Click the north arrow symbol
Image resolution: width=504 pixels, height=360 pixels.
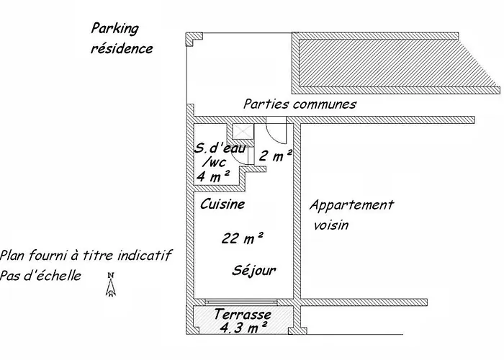[111, 284]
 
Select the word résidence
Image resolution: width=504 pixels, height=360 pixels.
[122, 48]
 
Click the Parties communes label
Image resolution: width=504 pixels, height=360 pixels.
[300, 104]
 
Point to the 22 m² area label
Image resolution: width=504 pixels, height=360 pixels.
[243, 238]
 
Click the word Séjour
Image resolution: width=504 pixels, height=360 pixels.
[254, 271]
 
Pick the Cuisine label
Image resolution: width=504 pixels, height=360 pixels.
[222, 204]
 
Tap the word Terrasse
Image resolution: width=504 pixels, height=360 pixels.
[243, 315]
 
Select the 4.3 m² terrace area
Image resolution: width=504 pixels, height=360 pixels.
[243, 328]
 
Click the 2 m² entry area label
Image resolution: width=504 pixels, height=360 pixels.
[276, 156]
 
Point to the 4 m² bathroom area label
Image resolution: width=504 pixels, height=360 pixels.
[213, 176]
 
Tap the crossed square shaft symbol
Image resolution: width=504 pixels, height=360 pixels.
[243, 132]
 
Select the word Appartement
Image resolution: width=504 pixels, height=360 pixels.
[351, 205]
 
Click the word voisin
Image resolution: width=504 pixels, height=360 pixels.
[331, 225]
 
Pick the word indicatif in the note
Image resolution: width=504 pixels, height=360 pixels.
[144, 256]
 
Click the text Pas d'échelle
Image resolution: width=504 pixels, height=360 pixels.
[40, 276]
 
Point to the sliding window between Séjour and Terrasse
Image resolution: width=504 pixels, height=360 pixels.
[240, 302]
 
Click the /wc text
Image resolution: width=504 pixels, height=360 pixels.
[214, 162]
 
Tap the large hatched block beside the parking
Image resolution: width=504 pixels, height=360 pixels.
[394, 63]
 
